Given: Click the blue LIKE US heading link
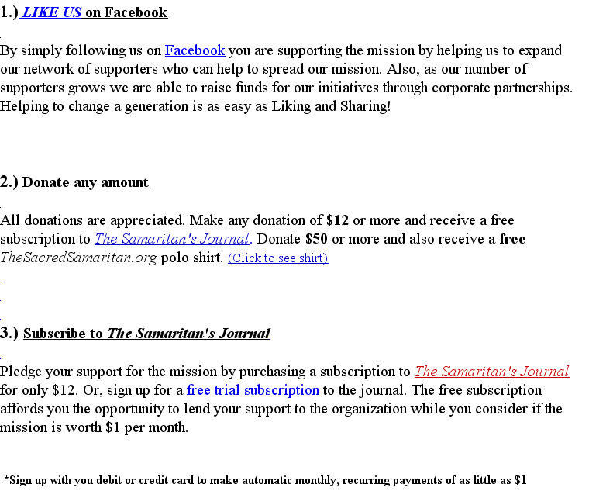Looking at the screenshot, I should tap(51, 12).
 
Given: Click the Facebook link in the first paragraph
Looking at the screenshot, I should tap(195, 50).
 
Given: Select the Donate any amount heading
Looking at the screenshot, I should tap(85, 183).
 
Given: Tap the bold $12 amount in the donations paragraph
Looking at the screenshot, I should tap(337, 220).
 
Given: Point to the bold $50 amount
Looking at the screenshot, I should tap(316, 239).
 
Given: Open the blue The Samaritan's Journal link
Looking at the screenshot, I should tap(171, 239).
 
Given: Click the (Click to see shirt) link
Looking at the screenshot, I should tap(277, 258).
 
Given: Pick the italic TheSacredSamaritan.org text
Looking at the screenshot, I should tap(78, 258).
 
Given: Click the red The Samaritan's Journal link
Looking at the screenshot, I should tap(491, 372).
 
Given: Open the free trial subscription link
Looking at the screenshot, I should tap(253, 390).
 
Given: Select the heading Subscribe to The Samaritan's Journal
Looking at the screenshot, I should tap(146, 334).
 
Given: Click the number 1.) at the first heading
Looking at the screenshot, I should tap(9, 12).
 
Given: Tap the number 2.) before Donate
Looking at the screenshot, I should tap(9, 183).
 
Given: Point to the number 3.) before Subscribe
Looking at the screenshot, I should tap(9, 334).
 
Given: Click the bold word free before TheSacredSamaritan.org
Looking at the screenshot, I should tap(512, 239).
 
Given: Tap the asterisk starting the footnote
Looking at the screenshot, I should tap(6, 479).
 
